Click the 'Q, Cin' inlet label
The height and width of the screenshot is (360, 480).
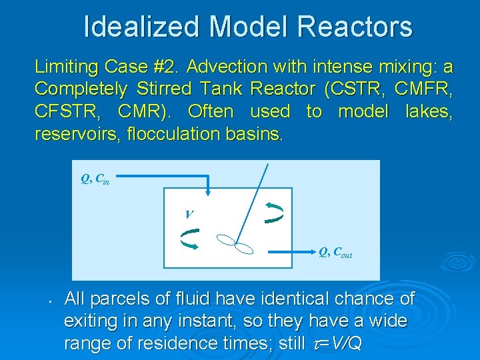tap(95, 179)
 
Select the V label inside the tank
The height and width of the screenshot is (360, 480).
tap(189, 214)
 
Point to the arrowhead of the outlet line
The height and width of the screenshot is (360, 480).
tap(313, 253)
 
